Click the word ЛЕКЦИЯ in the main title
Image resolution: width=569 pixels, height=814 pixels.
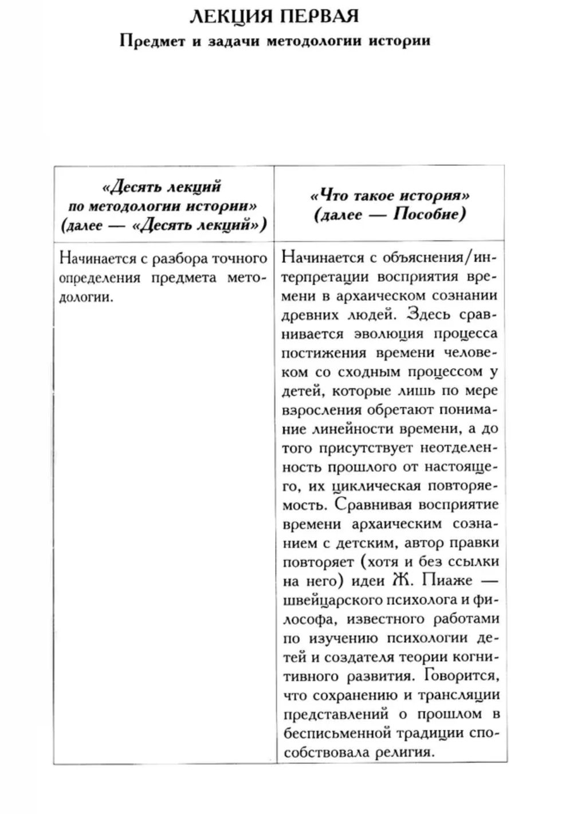[x=226, y=16]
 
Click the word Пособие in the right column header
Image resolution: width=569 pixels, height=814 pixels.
[x=429, y=215]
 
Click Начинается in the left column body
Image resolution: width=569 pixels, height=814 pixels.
[x=96, y=258]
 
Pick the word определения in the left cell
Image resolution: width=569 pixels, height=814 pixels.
[x=100, y=278]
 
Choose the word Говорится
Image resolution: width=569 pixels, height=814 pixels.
[x=463, y=676]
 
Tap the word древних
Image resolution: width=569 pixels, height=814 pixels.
[x=306, y=314]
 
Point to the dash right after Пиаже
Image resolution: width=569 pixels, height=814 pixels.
[x=490, y=580]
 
